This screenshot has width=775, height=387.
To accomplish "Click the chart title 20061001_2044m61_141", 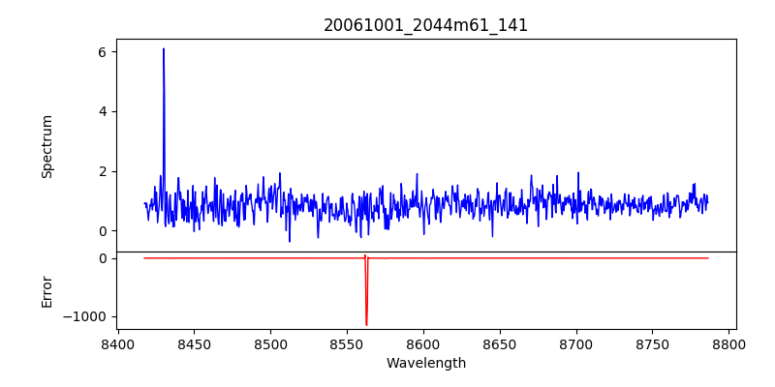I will (425, 25).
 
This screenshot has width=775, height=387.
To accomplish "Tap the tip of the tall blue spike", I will (164, 49).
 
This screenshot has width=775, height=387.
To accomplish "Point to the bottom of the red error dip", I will (366, 325).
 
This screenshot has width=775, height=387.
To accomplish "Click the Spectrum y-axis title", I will (46, 146).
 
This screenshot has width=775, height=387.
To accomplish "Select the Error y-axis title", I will (46, 291).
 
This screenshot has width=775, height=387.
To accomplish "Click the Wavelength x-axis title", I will (425, 364).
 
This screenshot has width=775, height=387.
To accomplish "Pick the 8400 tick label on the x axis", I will (117, 344).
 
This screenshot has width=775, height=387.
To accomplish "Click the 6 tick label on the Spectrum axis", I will (102, 51).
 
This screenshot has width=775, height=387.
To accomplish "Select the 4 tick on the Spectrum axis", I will (102, 111).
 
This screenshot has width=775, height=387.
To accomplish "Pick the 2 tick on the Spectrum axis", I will (102, 171).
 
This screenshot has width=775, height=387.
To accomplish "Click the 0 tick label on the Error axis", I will (102, 258).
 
